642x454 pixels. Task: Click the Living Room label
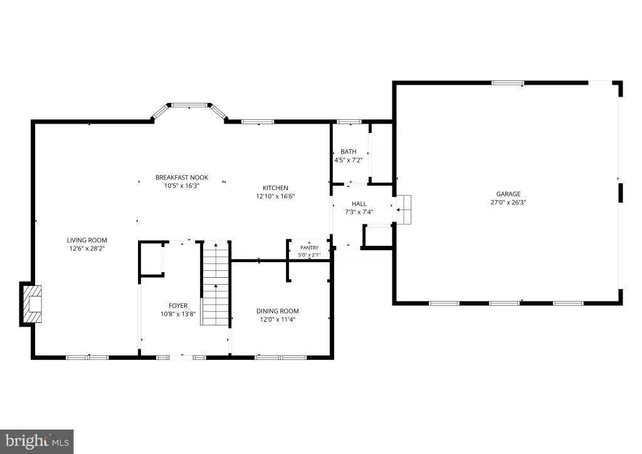(x=87, y=240)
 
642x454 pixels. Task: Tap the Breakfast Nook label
(x=182, y=177)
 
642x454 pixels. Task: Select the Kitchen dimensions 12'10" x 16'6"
(x=276, y=196)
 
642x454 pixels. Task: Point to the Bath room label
(x=349, y=152)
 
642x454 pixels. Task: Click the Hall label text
(x=359, y=204)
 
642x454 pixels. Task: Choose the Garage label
(x=508, y=194)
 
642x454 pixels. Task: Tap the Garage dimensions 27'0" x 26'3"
(x=508, y=203)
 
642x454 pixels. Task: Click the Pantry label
(x=309, y=248)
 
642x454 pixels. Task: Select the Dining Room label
(x=278, y=311)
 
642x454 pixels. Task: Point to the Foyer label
(x=178, y=306)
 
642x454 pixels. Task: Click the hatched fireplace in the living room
(x=32, y=304)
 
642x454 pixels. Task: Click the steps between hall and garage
(x=404, y=209)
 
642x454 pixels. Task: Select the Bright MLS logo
(x=37, y=441)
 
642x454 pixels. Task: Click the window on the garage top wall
(x=508, y=83)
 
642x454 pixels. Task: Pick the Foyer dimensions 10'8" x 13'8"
(x=178, y=314)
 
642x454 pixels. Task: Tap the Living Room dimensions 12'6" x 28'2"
(x=87, y=248)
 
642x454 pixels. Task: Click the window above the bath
(x=349, y=122)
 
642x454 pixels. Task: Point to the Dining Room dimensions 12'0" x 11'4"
(x=278, y=319)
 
